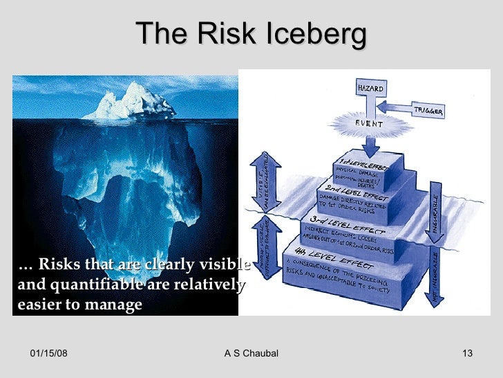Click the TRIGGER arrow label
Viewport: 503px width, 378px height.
point(428,110)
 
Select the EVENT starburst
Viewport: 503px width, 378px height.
point(369,124)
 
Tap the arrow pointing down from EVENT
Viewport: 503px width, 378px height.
point(371,145)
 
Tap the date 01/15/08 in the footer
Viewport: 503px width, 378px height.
point(50,354)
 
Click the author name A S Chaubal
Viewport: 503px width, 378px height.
point(251,354)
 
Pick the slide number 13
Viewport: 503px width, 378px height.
point(466,354)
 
